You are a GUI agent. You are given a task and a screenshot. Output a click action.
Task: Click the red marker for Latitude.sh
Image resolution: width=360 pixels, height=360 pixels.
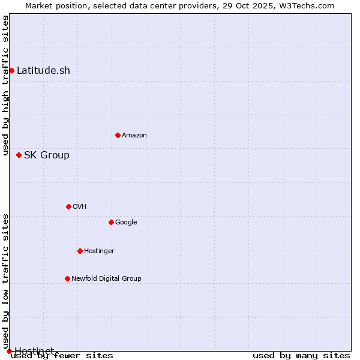click(11, 71)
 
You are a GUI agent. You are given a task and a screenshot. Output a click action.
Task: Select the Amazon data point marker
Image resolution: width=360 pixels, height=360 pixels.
click(118, 135)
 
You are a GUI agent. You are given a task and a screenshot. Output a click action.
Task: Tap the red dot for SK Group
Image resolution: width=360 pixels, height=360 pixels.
click(19, 155)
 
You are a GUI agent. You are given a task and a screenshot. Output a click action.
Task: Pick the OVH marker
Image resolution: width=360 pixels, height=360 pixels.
click(68, 206)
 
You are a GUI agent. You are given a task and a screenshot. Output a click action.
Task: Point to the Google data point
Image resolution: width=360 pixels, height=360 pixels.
click(111, 222)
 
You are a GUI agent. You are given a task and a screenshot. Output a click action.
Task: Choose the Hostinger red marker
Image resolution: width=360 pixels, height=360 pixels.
click(80, 251)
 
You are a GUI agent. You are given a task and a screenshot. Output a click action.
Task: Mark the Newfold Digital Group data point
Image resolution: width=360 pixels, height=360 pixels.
click(67, 278)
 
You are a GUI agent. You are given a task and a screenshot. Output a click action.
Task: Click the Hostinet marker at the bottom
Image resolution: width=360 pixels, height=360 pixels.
click(9, 351)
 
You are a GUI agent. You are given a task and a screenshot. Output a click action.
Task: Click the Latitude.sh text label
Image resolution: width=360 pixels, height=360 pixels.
click(43, 71)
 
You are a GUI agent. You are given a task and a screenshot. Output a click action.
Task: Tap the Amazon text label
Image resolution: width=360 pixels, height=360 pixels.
click(134, 136)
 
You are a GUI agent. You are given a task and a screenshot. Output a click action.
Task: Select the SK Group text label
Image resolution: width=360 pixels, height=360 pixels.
click(47, 155)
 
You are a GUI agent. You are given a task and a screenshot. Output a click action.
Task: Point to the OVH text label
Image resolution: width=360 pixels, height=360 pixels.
click(80, 207)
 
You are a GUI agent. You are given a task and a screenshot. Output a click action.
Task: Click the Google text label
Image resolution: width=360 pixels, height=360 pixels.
click(126, 223)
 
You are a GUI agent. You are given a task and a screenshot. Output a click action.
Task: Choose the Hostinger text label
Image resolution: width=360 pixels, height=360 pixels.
click(99, 251)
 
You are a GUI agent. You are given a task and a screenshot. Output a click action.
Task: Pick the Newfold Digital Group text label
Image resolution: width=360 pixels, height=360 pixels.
click(106, 279)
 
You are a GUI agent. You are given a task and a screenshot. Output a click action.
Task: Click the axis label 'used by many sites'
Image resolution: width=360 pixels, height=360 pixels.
click(301, 356)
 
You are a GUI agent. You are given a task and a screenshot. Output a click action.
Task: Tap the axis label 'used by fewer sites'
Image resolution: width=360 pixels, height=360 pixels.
click(62, 356)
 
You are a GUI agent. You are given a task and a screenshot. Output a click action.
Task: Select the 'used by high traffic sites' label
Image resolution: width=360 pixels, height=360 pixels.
click(5, 85)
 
